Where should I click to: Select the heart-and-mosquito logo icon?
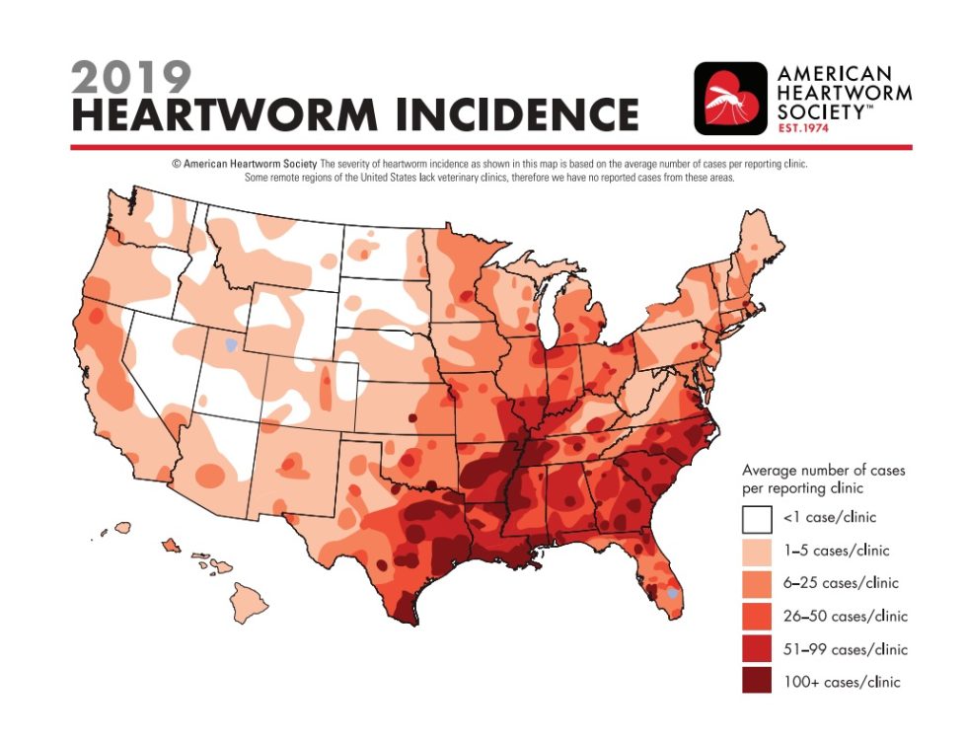coord(730,99)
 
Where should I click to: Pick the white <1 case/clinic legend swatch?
coord(757,517)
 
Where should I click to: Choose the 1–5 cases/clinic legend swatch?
coord(757,550)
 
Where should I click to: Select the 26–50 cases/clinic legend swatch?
coord(757,616)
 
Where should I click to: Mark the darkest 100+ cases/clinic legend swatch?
coord(757,682)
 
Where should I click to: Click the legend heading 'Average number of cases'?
coord(823,471)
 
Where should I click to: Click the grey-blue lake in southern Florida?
coord(671,594)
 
